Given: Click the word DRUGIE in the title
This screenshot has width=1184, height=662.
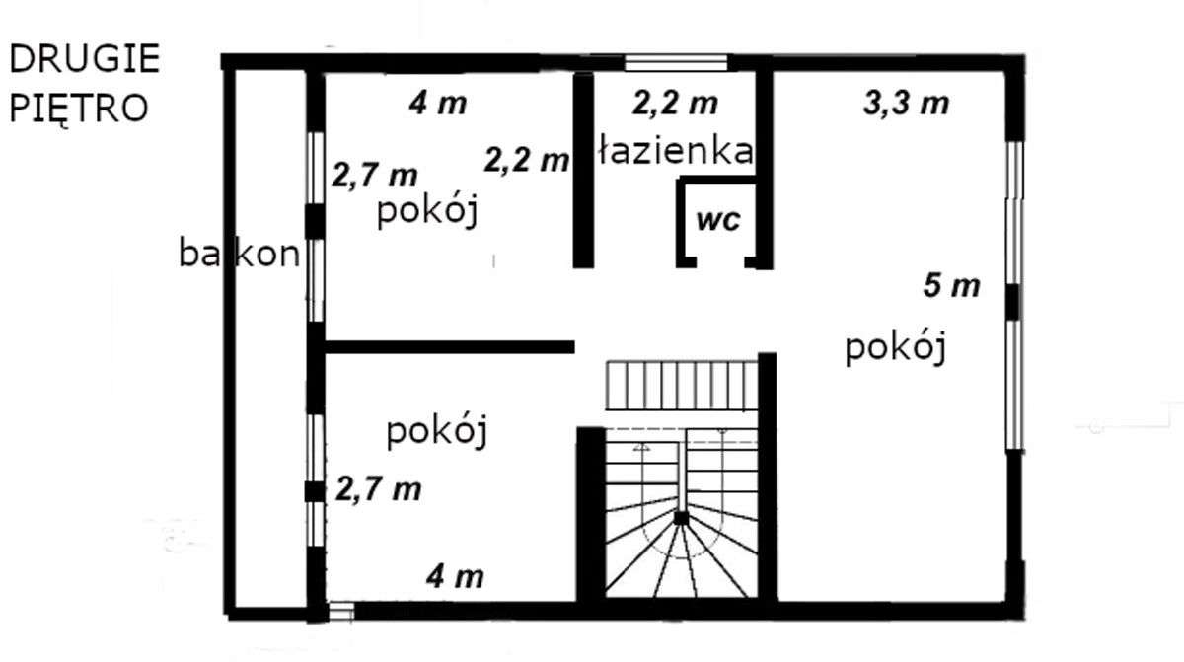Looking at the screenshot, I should point(84,60).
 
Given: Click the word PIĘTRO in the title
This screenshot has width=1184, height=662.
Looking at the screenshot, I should point(79,107).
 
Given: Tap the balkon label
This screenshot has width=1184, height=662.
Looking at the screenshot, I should point(239,254).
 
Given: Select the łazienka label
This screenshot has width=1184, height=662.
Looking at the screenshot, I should point(676,151).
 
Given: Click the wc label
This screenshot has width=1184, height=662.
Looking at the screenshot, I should point(717,220).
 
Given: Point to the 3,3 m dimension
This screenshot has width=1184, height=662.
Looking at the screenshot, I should point(906,103).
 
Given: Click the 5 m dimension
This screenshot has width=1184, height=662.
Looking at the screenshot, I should point(951,286).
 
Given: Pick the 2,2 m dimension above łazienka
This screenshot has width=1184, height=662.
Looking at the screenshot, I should point(675,102).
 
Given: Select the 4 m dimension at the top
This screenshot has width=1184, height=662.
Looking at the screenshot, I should point(437,103).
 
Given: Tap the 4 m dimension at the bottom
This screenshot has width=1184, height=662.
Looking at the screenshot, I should point(454,576).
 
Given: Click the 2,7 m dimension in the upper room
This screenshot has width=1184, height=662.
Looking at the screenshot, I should point(374,176).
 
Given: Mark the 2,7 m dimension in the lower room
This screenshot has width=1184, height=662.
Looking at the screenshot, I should point(379,487).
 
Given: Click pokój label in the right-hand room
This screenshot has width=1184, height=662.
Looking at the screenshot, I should point(896,348).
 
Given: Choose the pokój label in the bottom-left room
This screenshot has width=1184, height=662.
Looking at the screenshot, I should point(438,431).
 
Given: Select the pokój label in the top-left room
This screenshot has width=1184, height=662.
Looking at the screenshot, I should point(427,211).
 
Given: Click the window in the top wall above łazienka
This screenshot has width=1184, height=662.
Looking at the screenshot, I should point(676,64).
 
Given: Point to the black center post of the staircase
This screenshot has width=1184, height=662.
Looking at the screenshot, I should point(680,516).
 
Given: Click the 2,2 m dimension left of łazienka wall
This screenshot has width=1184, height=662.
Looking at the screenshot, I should point(527,160).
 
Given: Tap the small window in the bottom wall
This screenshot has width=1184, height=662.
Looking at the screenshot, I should point(340,611).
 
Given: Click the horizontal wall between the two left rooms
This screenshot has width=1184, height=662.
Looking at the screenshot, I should point(449,346).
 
